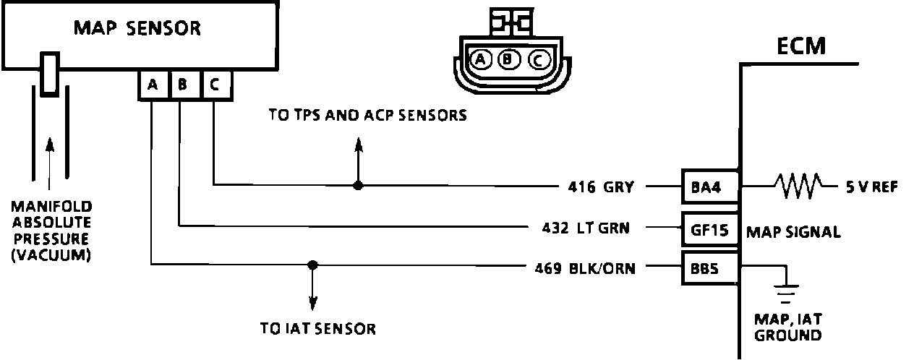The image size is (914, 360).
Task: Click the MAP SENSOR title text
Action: [137, 29]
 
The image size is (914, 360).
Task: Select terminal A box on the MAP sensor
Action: [153, 85]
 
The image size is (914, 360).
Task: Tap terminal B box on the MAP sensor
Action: [183, 85]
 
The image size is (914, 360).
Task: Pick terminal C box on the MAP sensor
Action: [214, 85]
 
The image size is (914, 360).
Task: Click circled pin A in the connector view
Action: [480, 60]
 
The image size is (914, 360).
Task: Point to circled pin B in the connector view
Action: [509, 60]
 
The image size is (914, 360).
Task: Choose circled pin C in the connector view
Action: [538, 60]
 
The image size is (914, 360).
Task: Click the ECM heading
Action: [800, 46]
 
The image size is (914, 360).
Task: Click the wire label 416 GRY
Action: [600, 187]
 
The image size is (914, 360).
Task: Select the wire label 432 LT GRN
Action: [585, 228]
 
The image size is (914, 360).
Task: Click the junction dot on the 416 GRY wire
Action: [357, 186]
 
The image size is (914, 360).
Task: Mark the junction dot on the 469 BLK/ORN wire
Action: [312, 265]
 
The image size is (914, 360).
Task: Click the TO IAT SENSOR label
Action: [318, 329]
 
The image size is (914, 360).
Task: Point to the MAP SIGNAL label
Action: [793, 232]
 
